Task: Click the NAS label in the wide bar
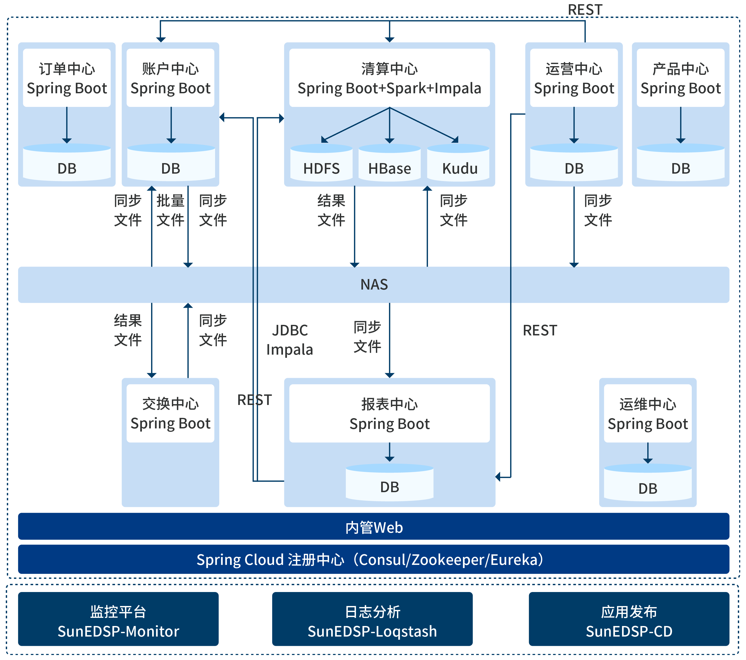point(374,285)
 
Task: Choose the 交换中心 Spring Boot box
point(170,413)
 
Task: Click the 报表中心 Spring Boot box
point(389,413)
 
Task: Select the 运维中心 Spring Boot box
point(648,413)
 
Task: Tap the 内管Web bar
point(374,527)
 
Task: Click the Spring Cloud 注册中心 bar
point(374,559)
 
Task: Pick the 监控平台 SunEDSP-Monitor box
point(118,621)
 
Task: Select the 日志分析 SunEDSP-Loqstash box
point(372,621)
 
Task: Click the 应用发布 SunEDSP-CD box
point(629,621)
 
